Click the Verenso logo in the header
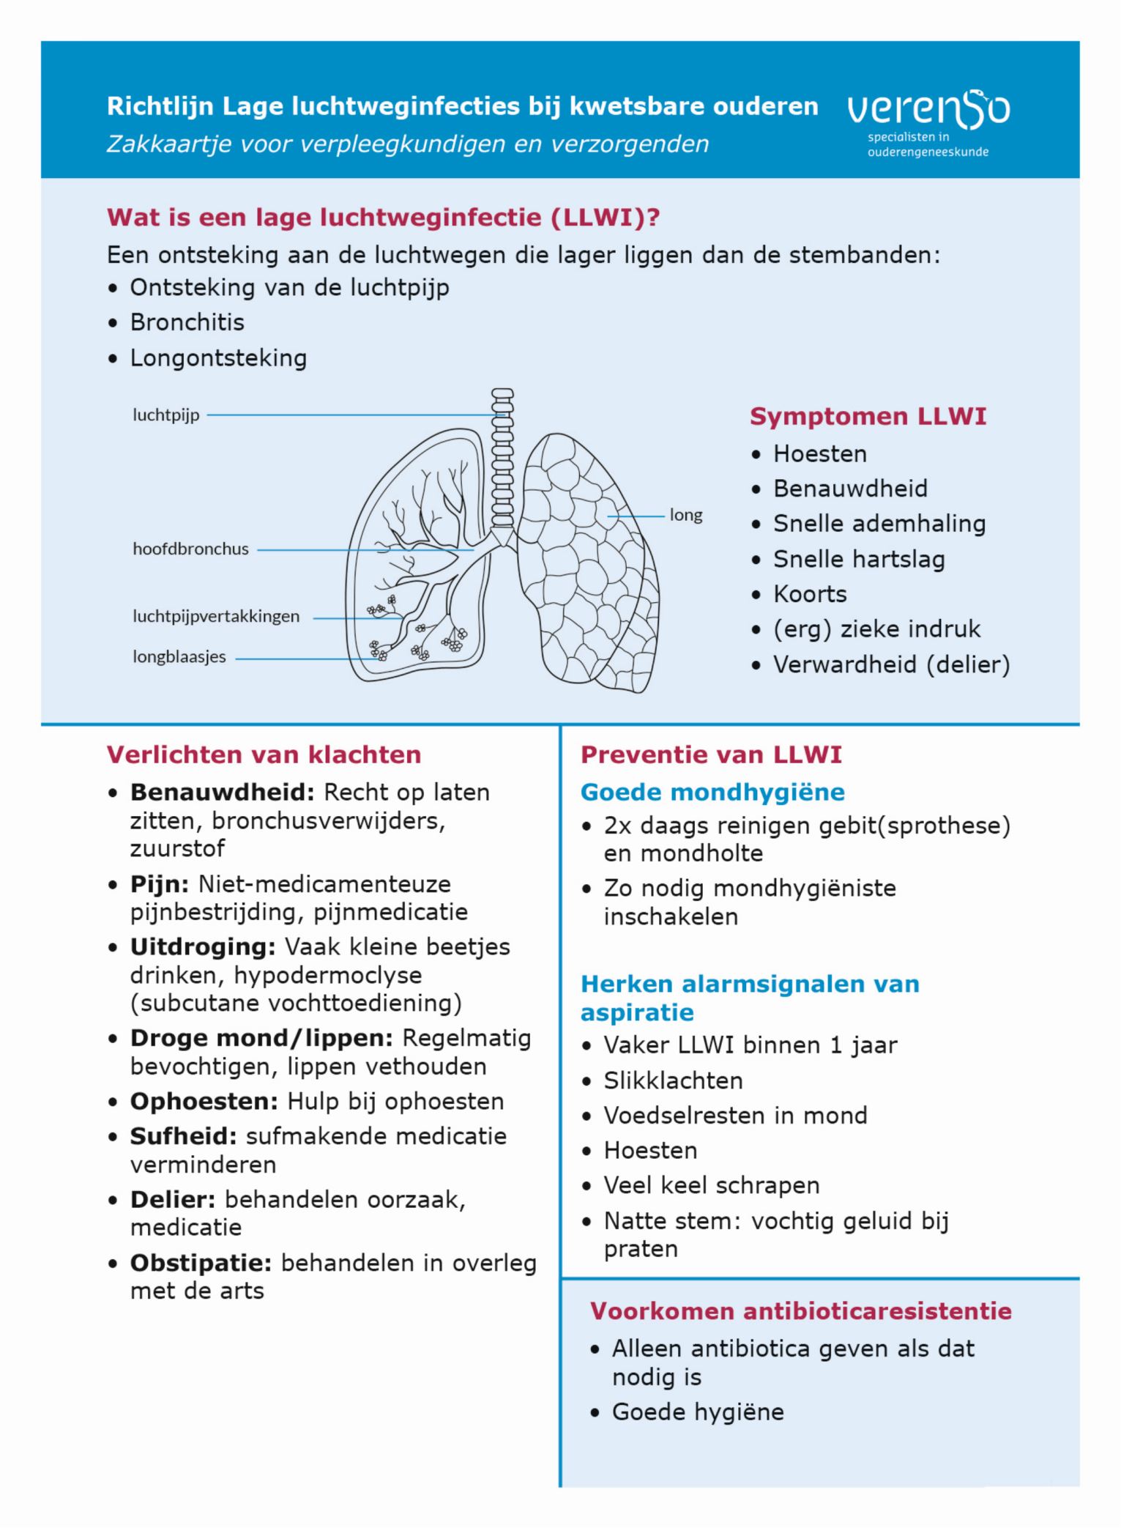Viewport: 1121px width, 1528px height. coord(928,121)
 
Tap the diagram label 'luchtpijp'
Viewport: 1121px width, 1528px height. coord(166,415)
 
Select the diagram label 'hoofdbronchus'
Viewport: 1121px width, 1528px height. coord(190,549)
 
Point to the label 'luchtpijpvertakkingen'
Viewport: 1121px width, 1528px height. coord(216,616)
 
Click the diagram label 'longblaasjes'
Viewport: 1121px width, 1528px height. coord(179,656)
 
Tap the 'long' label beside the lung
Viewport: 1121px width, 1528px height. coord(685,515)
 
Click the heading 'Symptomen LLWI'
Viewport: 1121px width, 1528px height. coord(868,416)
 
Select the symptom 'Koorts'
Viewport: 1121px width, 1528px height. coord(810,594)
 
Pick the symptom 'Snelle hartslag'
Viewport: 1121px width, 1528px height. coord(859,559)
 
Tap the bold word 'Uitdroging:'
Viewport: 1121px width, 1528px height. coord(203,946)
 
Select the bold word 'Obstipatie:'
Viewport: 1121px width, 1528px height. coord(201,1263)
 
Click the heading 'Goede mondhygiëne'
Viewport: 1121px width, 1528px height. coord(712,792)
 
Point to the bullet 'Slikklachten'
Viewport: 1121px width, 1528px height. coord(673,1080)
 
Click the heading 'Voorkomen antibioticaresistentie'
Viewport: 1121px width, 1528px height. coord(801,1310)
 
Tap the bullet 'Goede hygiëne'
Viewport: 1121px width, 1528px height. coord(698,1412)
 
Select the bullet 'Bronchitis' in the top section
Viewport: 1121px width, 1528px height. coord(187,322)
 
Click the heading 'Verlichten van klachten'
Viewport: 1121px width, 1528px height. coord(264,754)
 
